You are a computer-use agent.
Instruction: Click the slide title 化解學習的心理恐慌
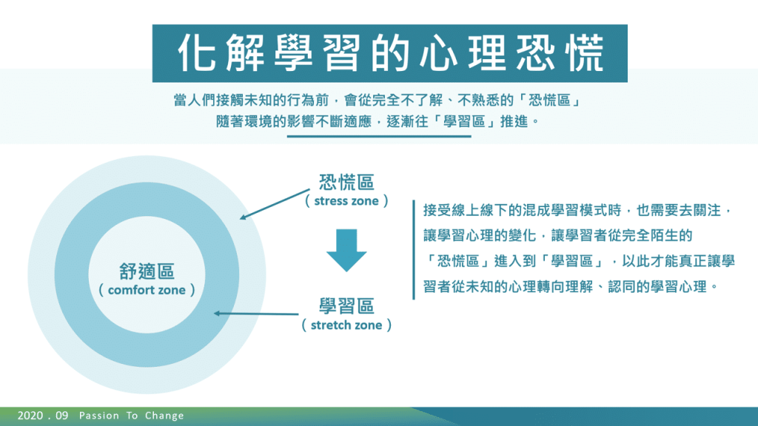391,53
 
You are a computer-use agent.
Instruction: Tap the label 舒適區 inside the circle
147,271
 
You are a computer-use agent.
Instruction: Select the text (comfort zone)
147,290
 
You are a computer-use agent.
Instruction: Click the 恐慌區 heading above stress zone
346,183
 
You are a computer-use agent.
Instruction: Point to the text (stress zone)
346,201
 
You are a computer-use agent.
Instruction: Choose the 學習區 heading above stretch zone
346,306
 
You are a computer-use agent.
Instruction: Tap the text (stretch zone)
346,325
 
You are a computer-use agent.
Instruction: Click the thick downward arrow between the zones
346,250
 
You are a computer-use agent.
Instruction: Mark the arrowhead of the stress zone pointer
243,217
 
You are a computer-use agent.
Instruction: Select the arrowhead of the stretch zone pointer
217,314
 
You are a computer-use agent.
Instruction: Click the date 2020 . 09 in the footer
43,416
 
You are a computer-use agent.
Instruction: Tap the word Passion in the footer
99,416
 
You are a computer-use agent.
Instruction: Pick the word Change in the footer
164,416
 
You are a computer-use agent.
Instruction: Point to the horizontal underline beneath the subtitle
379,136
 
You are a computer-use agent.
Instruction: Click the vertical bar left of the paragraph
414,250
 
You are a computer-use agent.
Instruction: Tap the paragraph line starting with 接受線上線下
578,210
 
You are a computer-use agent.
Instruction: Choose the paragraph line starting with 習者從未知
571,286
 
